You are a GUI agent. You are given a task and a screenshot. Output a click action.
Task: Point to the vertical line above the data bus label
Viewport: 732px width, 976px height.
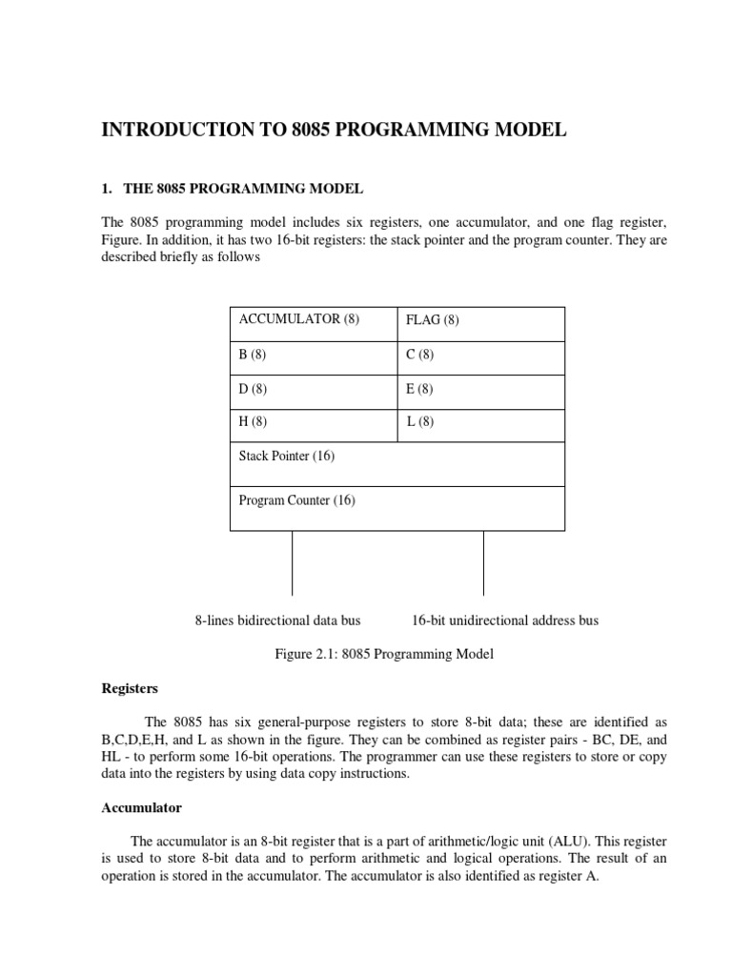tap(292, 563)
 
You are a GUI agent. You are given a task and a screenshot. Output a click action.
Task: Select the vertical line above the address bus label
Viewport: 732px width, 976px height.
tap(483, 563)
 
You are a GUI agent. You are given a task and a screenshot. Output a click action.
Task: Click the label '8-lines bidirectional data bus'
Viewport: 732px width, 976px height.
tap(277, 620)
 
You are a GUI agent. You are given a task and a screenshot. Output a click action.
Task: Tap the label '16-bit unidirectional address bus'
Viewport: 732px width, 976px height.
tap(505, 620)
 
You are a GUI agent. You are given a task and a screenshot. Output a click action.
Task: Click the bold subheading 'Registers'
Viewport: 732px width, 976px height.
tap(130, 687)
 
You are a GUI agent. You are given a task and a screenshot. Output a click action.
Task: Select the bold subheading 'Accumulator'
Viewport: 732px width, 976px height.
tap(141, 807)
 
